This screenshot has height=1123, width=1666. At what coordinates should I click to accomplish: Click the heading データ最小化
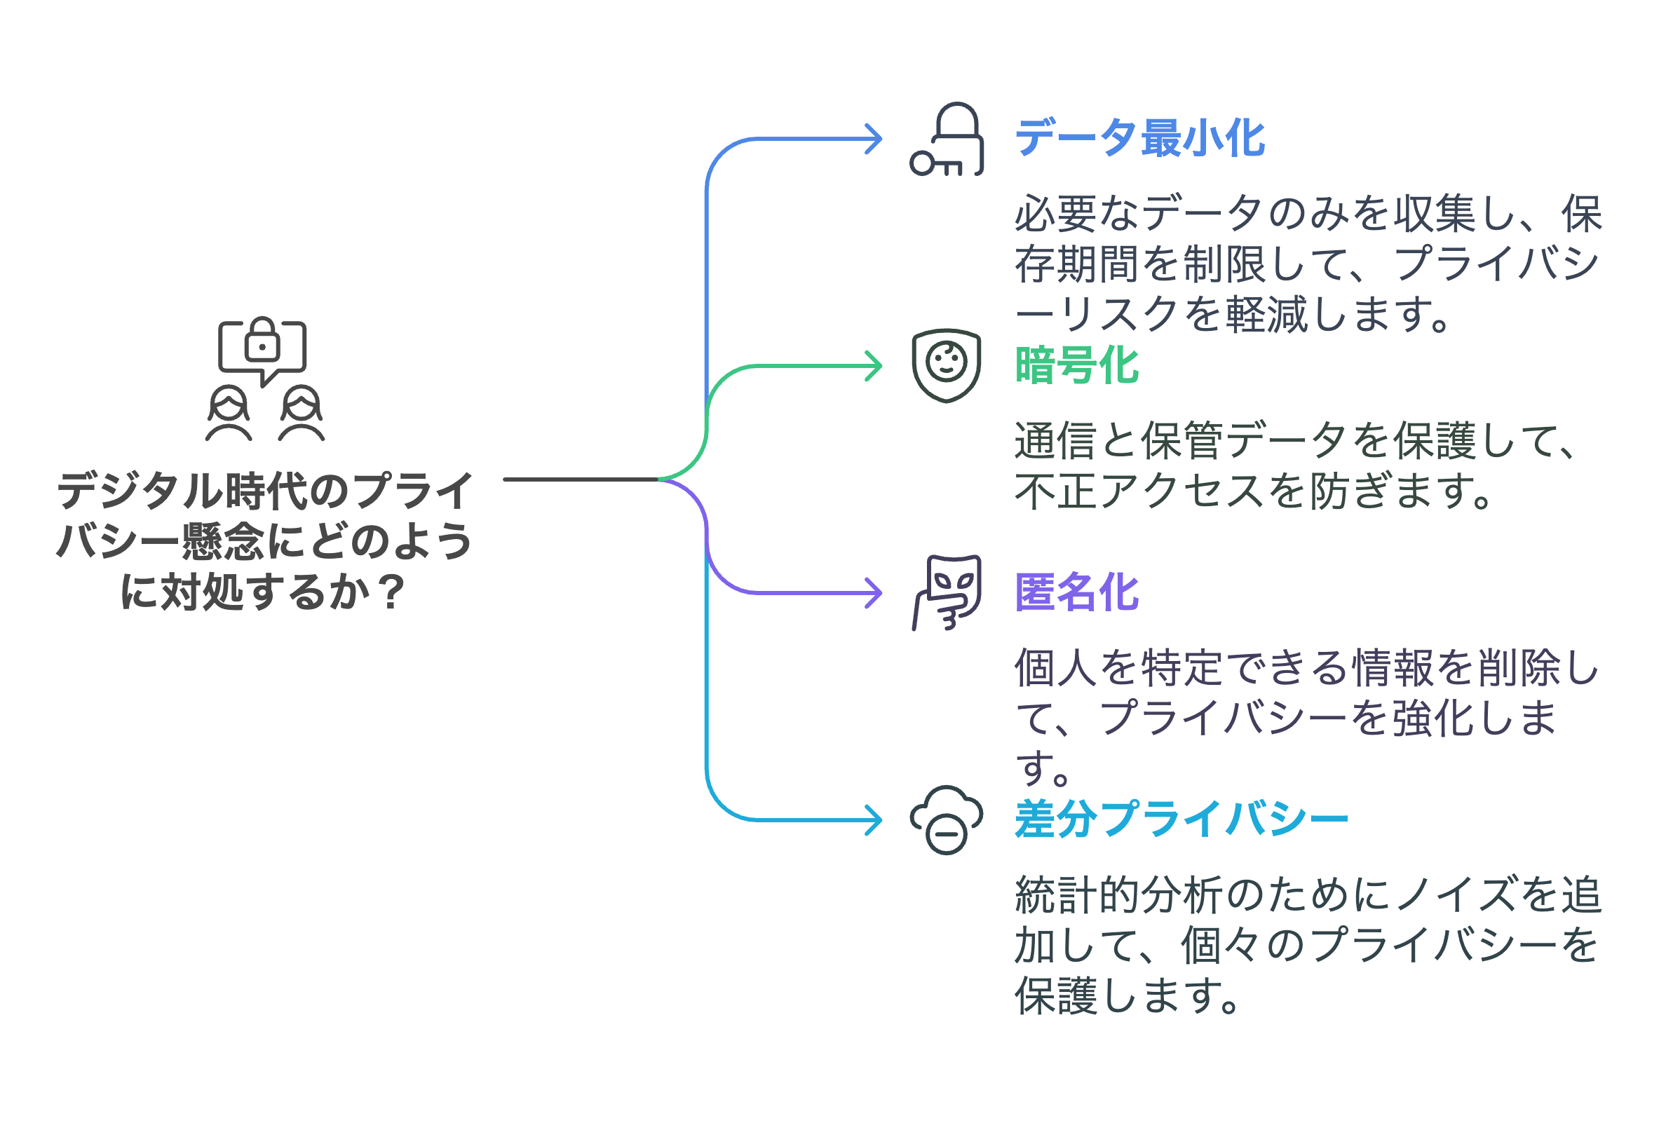point(1139,138)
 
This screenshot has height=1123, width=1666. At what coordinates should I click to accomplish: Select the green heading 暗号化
point(1076,365)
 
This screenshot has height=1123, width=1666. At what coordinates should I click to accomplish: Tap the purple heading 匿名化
point(1076,592)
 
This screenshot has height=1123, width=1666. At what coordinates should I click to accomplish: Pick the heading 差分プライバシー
point(1181,819)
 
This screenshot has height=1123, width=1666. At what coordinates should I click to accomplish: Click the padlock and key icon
point(947,139)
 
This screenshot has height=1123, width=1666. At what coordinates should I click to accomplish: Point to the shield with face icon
point(946,365)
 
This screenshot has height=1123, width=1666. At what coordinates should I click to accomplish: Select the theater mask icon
point(947,592)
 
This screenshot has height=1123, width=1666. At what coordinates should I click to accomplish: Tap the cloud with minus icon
point(946,820)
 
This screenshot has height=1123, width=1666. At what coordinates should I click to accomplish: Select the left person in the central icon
point(229,414)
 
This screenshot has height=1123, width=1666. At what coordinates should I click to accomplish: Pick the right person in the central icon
point(302,414)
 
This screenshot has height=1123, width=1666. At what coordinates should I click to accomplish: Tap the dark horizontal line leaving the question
point(580,479)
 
